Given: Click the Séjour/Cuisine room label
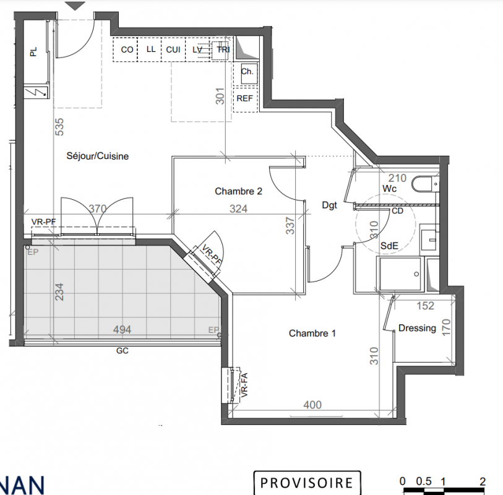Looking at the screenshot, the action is pos(98,156).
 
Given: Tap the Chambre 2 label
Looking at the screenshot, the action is pos(238,191).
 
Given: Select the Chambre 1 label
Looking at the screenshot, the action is pos(312,334).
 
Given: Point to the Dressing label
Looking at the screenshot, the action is pos(417,328).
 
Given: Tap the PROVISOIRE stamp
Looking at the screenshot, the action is pos(307,483).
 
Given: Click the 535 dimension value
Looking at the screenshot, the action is pos(59,127).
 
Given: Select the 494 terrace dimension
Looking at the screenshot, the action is pos(122,329).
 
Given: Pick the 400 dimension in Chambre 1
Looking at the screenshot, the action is pos(312,405).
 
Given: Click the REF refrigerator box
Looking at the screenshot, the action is pos(245,99).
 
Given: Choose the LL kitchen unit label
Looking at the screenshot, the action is pos(151,49).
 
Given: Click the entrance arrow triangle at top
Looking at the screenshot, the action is pos(75,6).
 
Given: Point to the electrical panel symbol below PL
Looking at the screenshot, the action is pos(37,92).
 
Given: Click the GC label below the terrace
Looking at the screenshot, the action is pos(123,351).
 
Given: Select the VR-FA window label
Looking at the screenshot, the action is pos(244,385).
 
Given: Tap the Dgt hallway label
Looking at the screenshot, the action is pos(329,205).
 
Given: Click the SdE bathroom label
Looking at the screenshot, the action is pos(389,246).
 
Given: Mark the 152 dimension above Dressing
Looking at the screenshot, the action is pos(426,306).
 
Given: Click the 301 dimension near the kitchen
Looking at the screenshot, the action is pos(220,96).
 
